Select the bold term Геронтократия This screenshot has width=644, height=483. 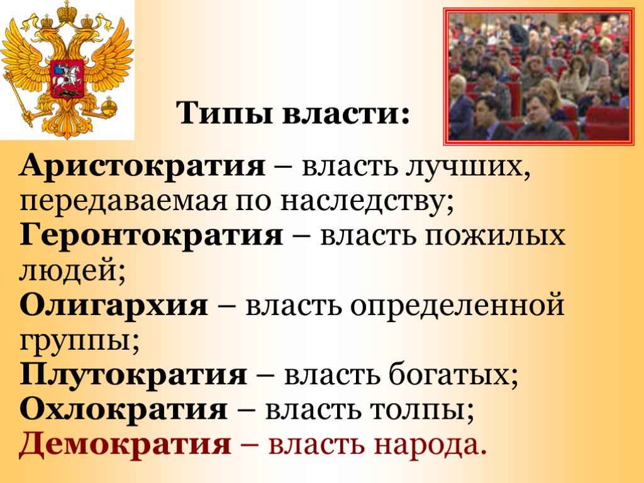(152, 236)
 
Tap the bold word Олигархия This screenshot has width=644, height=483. (114, 306)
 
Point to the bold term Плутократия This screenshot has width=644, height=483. (133, 375)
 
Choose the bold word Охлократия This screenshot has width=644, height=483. (123, 409)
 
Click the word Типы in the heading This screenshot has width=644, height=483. (225, 113)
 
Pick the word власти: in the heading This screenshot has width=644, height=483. (347, 113)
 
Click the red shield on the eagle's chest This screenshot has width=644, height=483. (67, 78)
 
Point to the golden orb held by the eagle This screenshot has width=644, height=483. (109, 106)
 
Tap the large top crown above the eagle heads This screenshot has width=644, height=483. (67, 13)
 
